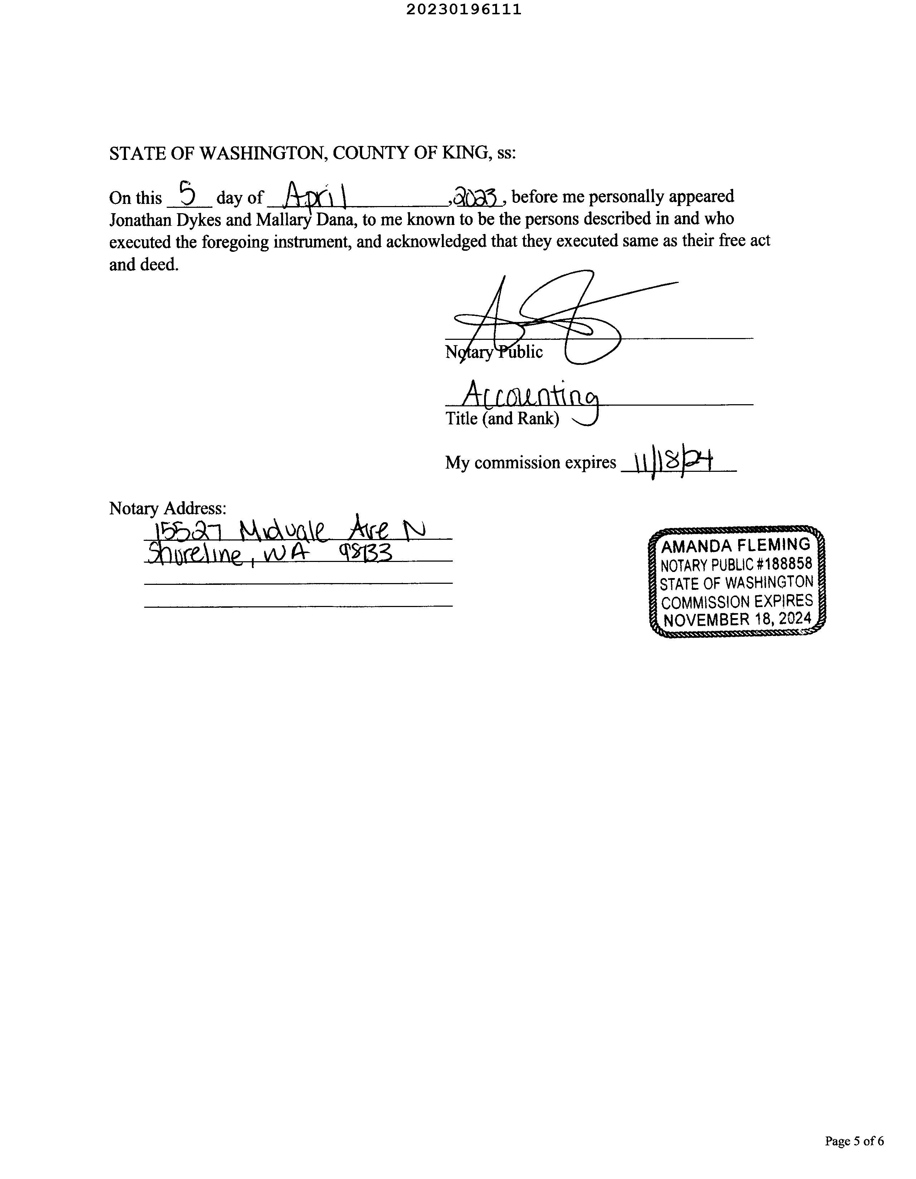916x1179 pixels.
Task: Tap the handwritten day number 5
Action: click(187, 194)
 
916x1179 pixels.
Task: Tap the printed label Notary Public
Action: click(494, 352)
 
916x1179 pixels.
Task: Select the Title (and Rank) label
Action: click(502, 419)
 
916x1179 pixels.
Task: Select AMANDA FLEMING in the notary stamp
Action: click(736, 546)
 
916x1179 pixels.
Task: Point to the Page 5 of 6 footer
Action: click(854, 1151)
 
